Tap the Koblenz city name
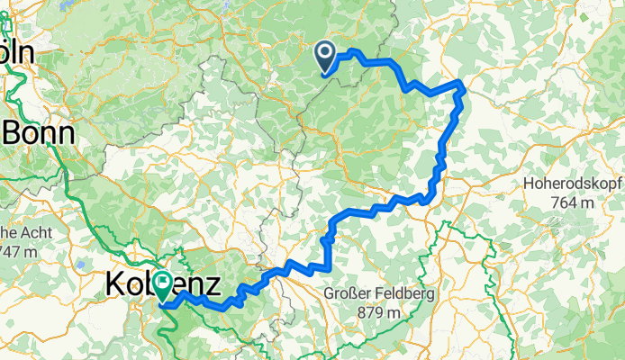click(x=164, y=285)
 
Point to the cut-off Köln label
click(x=17, y=53)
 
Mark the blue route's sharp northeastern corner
click(x=462, y=85)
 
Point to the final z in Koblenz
click(x=213, y=285)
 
